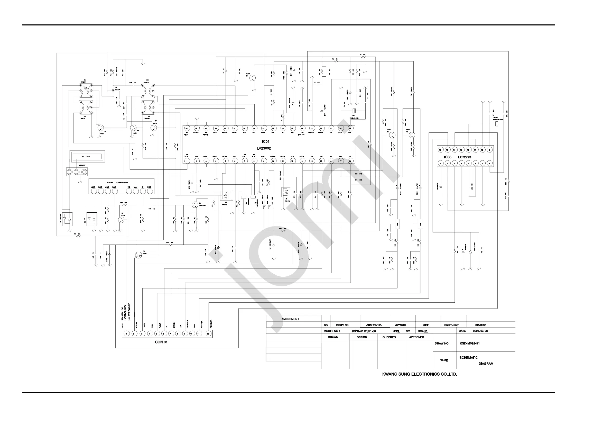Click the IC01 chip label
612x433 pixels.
click(265, 142)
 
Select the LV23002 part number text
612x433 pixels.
click(264, 148)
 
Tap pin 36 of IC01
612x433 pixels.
click(187, 129)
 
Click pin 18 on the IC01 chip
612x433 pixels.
click(350, 161)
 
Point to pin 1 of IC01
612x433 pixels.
click(187, 161)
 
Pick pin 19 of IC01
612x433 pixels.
click(350, 129)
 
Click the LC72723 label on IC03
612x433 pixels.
click(464, 157)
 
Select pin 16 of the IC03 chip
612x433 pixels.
click(440, 150)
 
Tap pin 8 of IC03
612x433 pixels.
click(489, 163)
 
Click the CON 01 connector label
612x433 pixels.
click(161, 342)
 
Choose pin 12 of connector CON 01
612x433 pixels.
click(208, 334)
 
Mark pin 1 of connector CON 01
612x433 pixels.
click(127, 334)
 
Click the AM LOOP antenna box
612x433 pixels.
click(86, 157)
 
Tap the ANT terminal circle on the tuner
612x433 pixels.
click(93, 191)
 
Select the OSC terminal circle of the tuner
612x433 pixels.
click(150, 191)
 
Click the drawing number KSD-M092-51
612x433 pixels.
click(470, 343)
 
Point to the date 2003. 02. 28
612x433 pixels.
click(480, 331)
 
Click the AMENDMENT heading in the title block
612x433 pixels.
click(290, 319)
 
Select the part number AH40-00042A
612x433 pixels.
click(374, 325)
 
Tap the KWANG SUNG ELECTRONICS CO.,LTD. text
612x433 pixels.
click(420, 374)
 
